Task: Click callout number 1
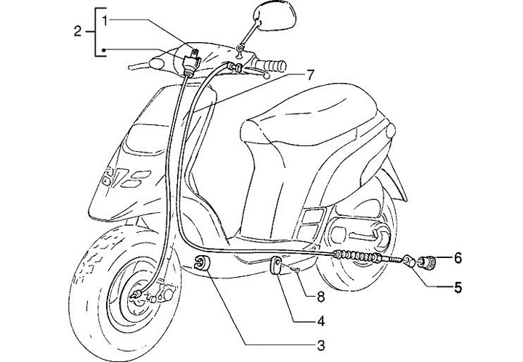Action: coord(107,20)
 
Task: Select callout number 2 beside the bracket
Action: coord(78,31)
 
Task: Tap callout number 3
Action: coord(319,343)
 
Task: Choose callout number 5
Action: coord(458,286)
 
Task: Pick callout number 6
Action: coord(458,257)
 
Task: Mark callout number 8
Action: coord(319,297)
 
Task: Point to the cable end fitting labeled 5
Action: coord(412,260)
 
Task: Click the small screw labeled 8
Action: coord(297,270)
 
